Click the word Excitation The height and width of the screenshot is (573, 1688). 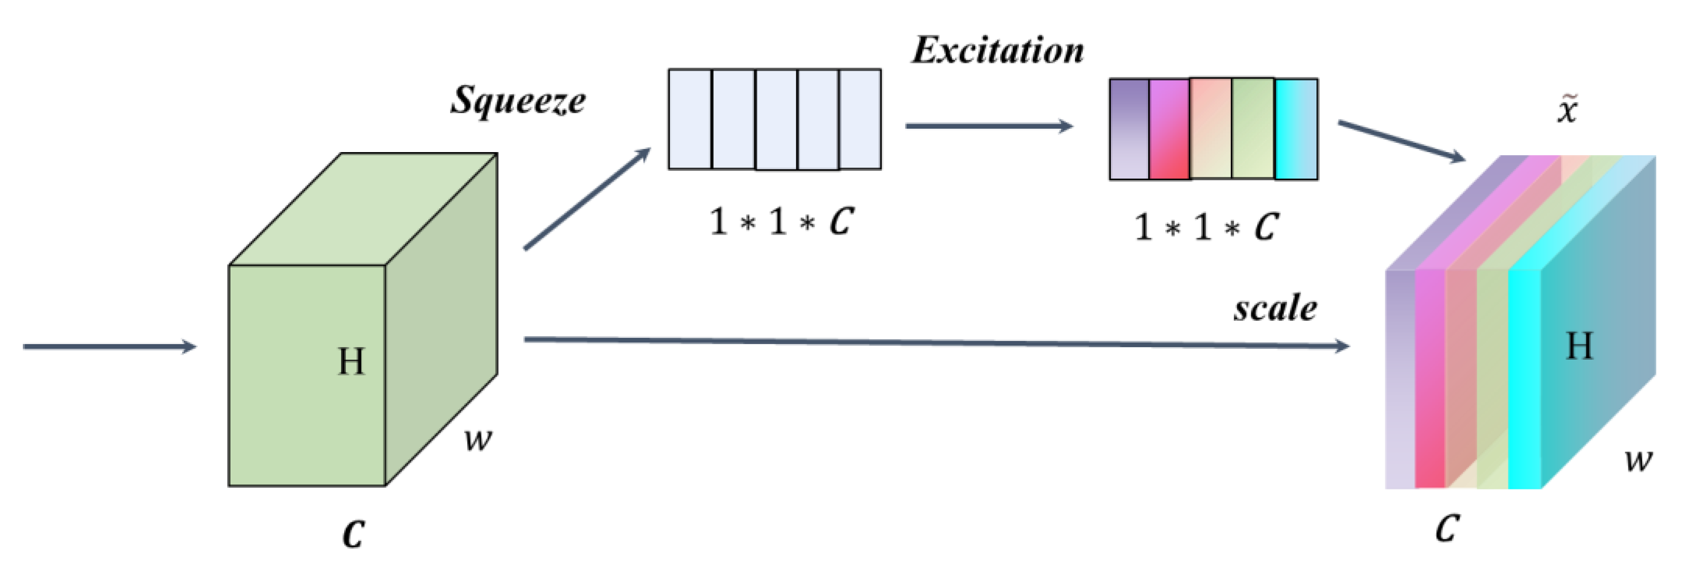pyautogui.click(x=997, y=51)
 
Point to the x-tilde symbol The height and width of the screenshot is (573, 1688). pyautogui.click(x=1568, y=110)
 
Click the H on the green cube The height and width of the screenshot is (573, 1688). pyautogui.click(x=351, y=361)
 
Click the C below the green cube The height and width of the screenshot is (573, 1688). pyautogui.click(x=353, y=534)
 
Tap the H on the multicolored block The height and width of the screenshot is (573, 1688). pyautogui.click(x=1579, y=346)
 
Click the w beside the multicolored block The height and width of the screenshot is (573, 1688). pyautogui.click(x=1638, y=460)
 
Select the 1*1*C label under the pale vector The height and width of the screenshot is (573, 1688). pyautogui.click(x=781, y=221)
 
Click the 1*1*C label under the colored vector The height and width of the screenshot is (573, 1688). pyautogui.click(x=1206, y=227)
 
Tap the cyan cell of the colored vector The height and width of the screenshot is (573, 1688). pyautogui.click(x=1296, y=129)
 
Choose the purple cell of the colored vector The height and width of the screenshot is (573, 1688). pyautogui.click(x=1129, y=129)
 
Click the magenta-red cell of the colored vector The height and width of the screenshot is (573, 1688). pyautogui.click(x=1169, y=129)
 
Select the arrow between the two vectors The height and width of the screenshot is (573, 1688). pyautogui.click(x=988, y=126)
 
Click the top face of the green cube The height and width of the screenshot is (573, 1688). pyautogui.click(x=364, y=208)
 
